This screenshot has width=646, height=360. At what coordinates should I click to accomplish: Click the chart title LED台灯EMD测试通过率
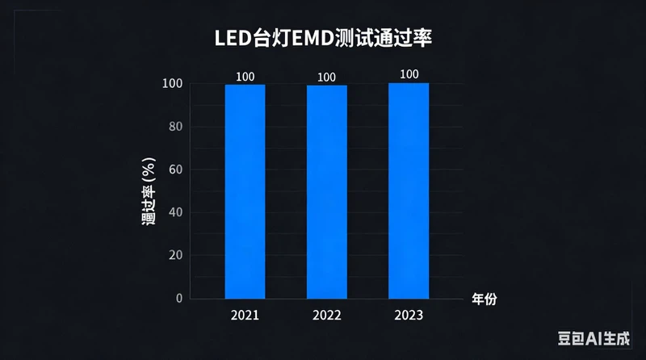tap(323, 38)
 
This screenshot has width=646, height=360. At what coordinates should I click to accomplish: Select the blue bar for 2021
tap(245, 191)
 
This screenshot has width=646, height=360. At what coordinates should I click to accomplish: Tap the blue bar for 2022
tap(326, 191)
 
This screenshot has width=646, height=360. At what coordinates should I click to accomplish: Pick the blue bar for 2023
tap(409, 190)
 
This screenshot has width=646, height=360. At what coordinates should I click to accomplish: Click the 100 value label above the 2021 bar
tap(245, 77)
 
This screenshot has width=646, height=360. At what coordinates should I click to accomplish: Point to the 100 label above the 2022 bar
tap(326, 77)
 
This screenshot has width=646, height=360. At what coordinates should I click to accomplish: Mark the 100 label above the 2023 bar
tap(409, 75)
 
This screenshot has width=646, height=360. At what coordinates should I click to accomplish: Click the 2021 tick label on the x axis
tap(245, 315)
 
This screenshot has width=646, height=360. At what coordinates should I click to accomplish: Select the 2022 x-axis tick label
tap(326, 315)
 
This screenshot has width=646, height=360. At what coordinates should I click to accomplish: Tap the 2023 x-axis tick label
tap(409, 315)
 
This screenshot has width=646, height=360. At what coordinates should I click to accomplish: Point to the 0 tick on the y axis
tap(179, 299)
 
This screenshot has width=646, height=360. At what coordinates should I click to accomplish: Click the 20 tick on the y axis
tap(174, 255)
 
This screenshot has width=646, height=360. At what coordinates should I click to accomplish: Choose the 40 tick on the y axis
tap(174, 212)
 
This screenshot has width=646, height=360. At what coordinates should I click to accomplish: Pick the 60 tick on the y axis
tap(174, 170)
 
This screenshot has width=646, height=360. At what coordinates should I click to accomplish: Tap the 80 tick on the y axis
tap(174, 127)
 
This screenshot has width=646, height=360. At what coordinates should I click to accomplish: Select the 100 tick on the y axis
tap(171, 84)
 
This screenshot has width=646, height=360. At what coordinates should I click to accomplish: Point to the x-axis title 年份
tap(484, 299)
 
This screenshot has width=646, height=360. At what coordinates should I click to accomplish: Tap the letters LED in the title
tap(232, 38)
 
